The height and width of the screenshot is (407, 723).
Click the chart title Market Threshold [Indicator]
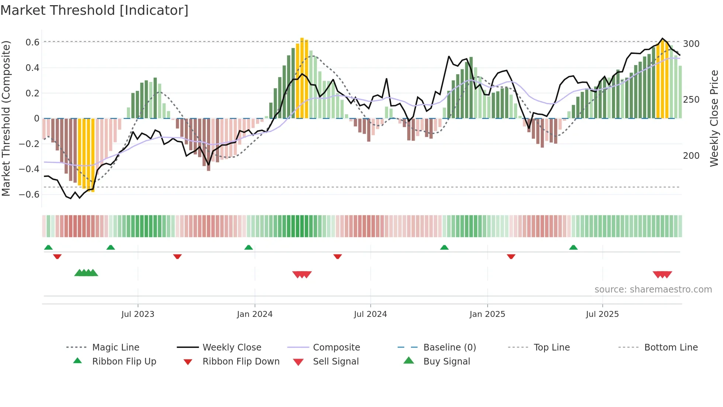point(94,10)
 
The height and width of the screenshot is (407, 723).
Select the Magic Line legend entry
point(115,348)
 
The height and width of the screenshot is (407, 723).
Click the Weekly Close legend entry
point(232,348)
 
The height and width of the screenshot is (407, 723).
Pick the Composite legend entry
point(336,348)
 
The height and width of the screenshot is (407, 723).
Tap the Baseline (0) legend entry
point(449,348)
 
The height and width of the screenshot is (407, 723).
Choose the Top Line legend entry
point(551,348)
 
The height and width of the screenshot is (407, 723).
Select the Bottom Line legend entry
point(671,348)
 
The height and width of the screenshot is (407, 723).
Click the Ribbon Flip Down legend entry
point(241,362)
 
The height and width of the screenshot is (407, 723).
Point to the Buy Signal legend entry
point(446,362)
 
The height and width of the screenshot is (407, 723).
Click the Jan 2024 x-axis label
point(255,314)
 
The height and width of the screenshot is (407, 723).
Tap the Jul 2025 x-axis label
point(602,314)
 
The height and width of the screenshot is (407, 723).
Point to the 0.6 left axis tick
point(32,42)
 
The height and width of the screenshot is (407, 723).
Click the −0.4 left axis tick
point(29,169)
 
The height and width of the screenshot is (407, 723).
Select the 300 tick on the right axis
point(691,44)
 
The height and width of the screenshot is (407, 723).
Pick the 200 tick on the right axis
point(691,156)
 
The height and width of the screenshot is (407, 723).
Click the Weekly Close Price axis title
point(714,118)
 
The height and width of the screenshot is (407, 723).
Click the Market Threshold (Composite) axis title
point(6,118)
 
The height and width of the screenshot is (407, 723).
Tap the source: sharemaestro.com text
point(653,290)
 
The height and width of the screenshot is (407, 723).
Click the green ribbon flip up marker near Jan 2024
point(249,247)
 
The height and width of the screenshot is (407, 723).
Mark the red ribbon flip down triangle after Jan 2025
point(511,256)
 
